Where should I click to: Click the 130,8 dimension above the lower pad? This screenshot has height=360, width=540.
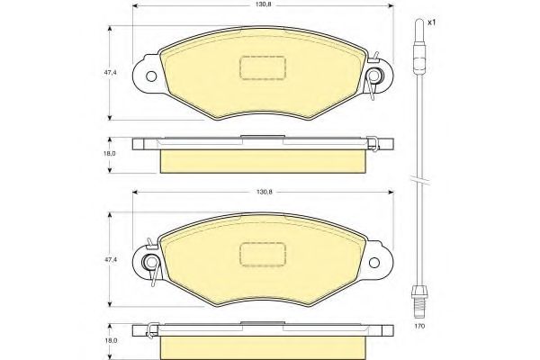click(x=265, y=193)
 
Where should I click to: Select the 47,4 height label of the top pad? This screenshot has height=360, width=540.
click(x=112, y=73)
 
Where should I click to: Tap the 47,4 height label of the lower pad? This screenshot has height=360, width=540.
click(x=112, y=259)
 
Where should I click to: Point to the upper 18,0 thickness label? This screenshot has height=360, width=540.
click(x=110, y=153)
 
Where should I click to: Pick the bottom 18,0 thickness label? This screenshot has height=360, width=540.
click(x=110, y=340)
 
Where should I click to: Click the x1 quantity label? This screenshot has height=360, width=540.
click(x=431, y=22)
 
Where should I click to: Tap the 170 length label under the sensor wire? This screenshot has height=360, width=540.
click(x=420, y=326)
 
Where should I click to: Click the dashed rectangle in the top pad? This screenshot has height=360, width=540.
click(x=263, y=67)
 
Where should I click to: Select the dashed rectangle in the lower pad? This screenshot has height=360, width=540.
click(x=263, y=254)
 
